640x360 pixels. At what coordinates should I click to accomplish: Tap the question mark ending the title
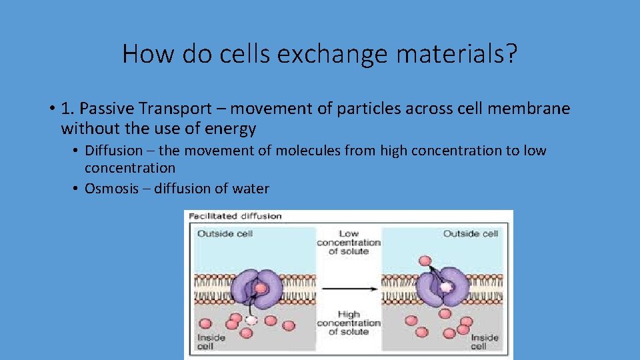(x=510, y=54)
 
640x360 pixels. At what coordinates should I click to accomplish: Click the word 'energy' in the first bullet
(x=233, y=128)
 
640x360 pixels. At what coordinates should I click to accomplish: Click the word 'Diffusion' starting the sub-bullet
(x=113, y=151)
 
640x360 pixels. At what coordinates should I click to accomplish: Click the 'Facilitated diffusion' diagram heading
(x=235, y=216)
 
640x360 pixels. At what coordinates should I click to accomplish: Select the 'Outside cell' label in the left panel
(x=225, y=234)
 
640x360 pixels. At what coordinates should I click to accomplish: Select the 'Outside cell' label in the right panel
(x=471, y=234)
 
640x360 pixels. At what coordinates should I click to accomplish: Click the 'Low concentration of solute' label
(x=348, y=243)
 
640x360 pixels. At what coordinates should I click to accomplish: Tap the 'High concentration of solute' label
(x=348, y=323)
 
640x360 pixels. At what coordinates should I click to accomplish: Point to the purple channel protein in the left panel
(x=256, y=289)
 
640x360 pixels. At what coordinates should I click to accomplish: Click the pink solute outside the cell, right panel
(x=423, y=259)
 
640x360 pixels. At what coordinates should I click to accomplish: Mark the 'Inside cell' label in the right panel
(x=485, y=342)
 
